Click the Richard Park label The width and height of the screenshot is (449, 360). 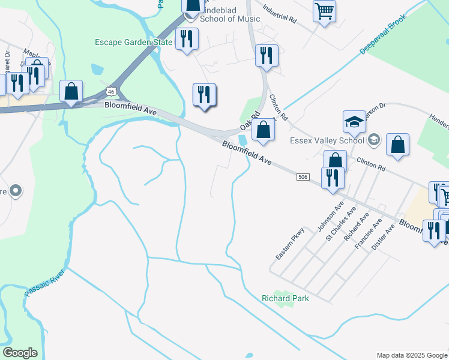pos(285,298)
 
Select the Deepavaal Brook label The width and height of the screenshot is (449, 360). pos(384,34)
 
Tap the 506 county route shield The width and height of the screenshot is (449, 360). pos(303,177)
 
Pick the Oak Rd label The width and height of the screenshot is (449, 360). pos(249,121)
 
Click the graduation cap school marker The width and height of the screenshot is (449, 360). pos(354,122)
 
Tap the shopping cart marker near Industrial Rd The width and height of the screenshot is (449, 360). pos(324,11)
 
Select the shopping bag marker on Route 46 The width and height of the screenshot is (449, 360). pos(71,92)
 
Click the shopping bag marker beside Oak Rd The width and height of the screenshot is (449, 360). pos(263,130)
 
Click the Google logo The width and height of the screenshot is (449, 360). pos(20,353)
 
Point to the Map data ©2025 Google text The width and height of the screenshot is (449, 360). pos(411,355)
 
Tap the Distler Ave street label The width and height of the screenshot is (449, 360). pos(382,238)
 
